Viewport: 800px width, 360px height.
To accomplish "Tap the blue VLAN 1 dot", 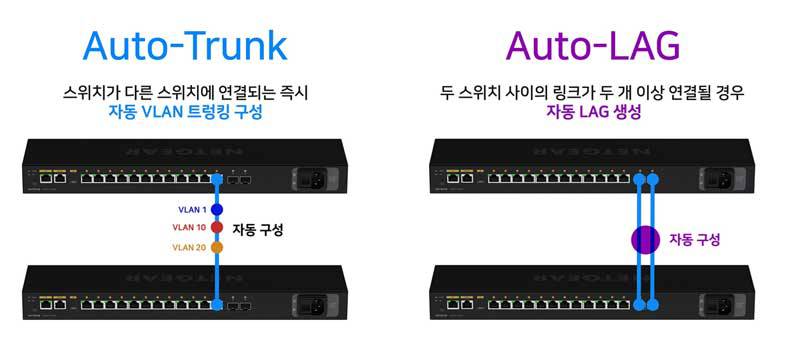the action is pos(215,211).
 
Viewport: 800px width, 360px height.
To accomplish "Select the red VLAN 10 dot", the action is pos(215,228).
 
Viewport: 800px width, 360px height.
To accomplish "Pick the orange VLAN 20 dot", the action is pos(215,247).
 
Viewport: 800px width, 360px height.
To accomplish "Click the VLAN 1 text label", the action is pos(189,211).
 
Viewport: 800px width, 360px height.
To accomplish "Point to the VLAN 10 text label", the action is pos(187,228).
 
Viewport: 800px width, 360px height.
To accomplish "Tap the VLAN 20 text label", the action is pos(187,247).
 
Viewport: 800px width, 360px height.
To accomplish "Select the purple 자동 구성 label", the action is pos(694,240).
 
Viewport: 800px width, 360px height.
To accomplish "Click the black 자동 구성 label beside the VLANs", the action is pos(258,229).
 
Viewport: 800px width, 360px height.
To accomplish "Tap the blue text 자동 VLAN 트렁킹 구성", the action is pos(185,113).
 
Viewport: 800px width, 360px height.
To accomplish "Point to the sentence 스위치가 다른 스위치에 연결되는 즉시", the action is pos(185,93).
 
